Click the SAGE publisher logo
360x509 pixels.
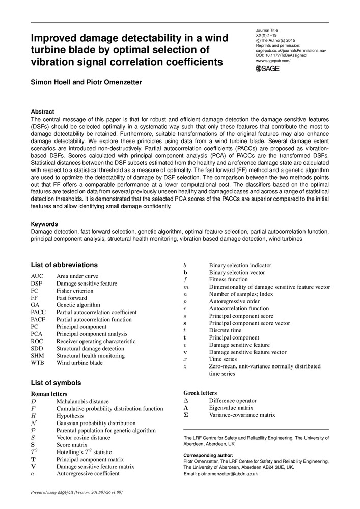click(x=267, y=69)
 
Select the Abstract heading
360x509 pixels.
click(x=43, y=111)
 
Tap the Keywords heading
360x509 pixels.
click(x=44, y=224)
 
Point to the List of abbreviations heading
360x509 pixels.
click(x=64, y=265)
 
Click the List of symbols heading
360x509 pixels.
click(x=56, y=383)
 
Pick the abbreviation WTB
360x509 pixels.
click(x=38, y=363)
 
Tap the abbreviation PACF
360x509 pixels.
click(x=38, y=320)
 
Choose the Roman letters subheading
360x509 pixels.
click(x=49, y=394)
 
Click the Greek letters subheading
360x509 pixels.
click(x=200, y=393)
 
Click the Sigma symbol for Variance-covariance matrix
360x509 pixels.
click(x=186, y=415)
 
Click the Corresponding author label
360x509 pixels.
click(x=208, y=455)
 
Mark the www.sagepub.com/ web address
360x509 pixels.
click(x=273, y=61)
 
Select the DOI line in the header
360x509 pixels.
click(x=281, y=55)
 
